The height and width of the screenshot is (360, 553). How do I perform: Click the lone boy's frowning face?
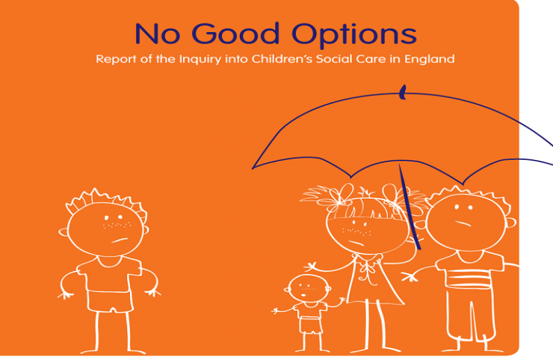pos(107,227)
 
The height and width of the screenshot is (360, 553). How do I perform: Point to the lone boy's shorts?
pos(107,301)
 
